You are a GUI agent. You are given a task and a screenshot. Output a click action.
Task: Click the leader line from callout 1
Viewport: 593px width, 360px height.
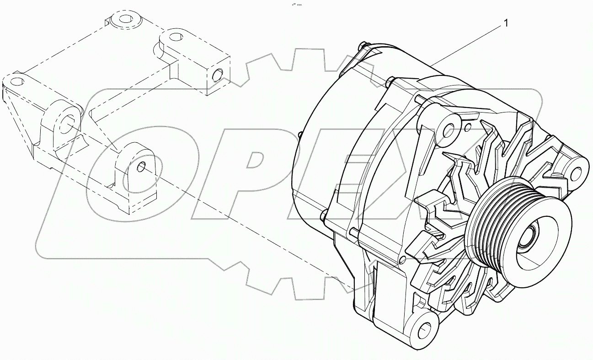click(466, 43)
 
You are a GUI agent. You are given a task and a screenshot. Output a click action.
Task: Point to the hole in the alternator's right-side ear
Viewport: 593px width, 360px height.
click(577, 172)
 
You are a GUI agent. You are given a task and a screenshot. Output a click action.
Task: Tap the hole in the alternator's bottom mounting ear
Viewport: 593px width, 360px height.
click(424, 328)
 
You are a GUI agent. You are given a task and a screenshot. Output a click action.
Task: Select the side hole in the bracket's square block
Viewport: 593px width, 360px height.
click(218, 73)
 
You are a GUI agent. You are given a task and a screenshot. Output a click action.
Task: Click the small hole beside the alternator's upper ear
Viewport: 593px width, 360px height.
click(467, 124)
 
